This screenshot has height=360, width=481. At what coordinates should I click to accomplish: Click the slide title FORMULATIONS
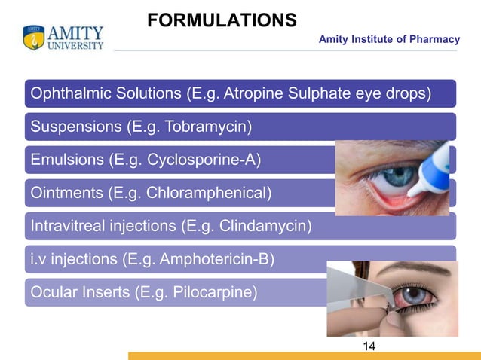[x=222, y=20]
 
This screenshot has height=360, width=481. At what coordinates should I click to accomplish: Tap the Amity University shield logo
[x=34, y=38]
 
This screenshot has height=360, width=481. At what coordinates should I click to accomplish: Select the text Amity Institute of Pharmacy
[x=389, y=39]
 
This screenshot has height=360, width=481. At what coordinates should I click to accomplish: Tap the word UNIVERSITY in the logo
[x=76, y=46]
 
